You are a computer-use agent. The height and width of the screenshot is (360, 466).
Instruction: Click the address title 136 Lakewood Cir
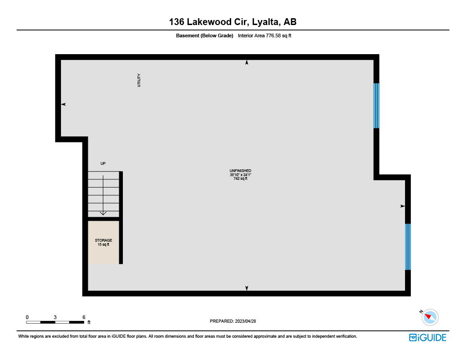pyautogui.click(x=233, y=21)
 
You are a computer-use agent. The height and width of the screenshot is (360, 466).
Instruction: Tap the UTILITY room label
pyautogui.click(x=139, y=80)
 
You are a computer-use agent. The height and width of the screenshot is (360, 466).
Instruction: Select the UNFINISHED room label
pyautogui.click(x=240, y=171)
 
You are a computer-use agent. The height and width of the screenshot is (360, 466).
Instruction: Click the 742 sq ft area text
pyautogui.click(x=240, y=179)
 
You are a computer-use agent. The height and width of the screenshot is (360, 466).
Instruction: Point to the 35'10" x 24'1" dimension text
pyautogui.click(x=240, y=175)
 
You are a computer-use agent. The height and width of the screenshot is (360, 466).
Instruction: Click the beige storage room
pyautogui.click(x=103, y=242)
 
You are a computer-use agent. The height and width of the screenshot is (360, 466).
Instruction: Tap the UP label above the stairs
pyautogui.click(x=103, y=163)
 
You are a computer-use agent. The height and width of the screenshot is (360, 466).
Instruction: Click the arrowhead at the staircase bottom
pyautogui.click(x=103, y=213)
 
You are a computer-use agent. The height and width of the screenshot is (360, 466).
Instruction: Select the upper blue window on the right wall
pyautogui.click(x=376, y=106)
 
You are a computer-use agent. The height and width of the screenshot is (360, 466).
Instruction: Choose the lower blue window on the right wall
pyautogui.click(x=408, y=247)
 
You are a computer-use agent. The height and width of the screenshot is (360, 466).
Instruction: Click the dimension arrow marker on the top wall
pyautogui.click(x=247, y=62)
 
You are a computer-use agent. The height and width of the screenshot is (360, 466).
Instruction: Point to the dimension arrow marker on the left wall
pyautogui.click(x=64, y=104)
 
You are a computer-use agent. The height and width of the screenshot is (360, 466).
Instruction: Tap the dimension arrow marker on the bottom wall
pyautogui.click(x=247, y=288)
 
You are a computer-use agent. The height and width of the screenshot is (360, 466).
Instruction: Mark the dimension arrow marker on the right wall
pyautogui.click(x=402, y=206)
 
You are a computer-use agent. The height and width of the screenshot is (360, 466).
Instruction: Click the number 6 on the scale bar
pyautogui.click(x=84, y=317)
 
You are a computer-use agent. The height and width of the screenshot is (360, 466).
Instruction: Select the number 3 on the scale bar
pyautogui.click(x=55, y=317)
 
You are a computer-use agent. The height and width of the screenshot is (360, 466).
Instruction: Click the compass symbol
pyautogui.click(x=430, y=317)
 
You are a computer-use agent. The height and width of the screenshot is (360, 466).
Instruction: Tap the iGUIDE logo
pyautogui.click(x=427, y=337)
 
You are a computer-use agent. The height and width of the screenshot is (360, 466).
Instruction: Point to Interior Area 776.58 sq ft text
pyautogui.click(x=264, y=35)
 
